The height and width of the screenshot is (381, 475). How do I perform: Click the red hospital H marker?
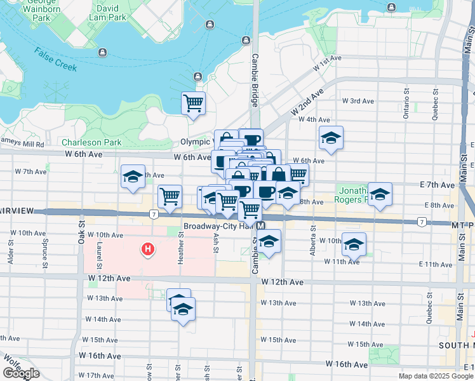point(148,250)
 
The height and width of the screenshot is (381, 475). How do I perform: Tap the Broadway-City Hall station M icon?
point(261,226)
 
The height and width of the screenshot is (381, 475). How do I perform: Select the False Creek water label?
point(56,59)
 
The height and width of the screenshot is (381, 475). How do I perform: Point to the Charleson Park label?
point(91,142)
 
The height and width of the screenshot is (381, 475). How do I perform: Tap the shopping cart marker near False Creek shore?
point(193,103)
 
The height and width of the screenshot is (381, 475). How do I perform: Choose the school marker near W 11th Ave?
point(354,244)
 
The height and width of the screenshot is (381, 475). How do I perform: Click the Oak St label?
point(81,233)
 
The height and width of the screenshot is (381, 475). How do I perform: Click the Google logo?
point(21,373)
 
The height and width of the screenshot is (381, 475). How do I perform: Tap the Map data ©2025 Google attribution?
point(436,376)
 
